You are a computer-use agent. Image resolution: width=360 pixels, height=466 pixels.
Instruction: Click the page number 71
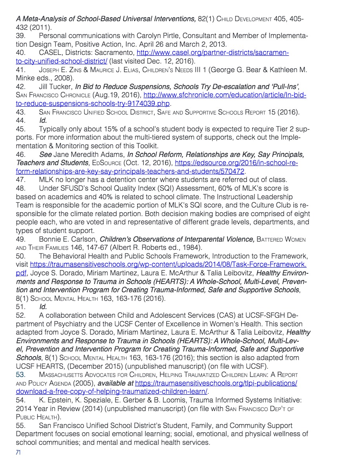click(18, 453)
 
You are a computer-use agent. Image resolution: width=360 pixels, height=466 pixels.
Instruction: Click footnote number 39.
click(21, 36)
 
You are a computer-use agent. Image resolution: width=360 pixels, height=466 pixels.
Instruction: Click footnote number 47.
click(21, 180)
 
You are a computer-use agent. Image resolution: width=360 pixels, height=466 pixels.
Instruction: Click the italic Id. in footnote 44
click(43, 120)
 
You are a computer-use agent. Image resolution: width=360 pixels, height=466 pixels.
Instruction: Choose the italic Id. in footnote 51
click(43, 307)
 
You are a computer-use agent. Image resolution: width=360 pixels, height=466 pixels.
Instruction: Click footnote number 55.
click(21, 425)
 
